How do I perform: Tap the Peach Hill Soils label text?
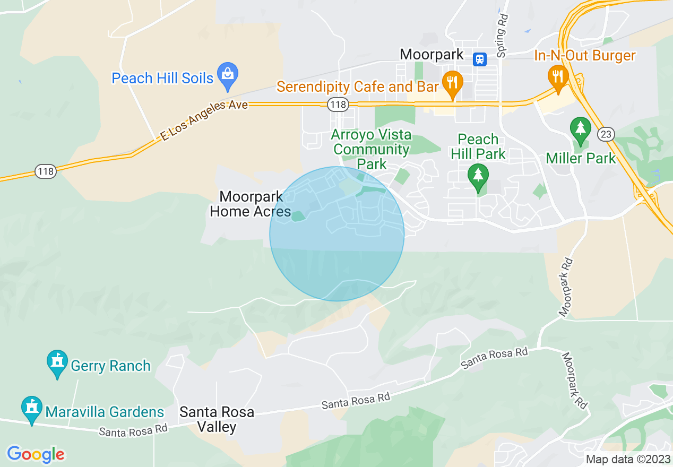162,79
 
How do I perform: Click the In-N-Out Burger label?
584,55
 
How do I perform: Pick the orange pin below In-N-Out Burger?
558,77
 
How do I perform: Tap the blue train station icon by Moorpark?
480,58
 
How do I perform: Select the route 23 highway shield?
606,134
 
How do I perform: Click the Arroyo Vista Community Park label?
371,149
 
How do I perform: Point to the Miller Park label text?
581,158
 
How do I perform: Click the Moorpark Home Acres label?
250,204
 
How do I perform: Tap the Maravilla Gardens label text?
105,412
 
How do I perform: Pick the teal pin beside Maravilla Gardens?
32,408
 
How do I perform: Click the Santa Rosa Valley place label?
217,419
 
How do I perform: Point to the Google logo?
36,454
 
